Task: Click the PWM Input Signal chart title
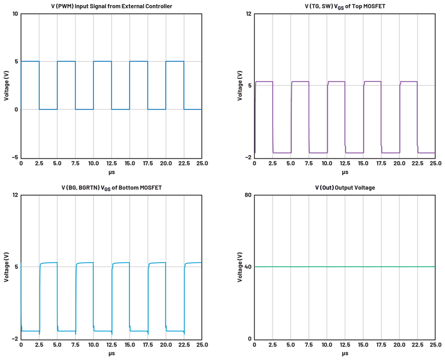[111, 6]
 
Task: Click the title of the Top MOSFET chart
[345, 6]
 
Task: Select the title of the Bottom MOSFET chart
[111, 188]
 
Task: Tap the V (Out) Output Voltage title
[345, 188]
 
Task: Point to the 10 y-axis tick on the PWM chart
[15, 13]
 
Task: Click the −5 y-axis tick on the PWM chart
[15, 157]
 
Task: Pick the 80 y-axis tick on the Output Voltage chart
[248, 195]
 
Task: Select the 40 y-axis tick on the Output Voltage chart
[248, 267]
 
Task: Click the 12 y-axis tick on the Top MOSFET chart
[249, 13]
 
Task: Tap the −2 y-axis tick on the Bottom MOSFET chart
[15, 339]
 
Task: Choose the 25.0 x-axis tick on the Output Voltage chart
[435, 346]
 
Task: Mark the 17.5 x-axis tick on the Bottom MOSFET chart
[147, 346]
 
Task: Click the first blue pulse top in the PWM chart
[30, 61]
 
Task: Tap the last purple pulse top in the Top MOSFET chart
[408, 82]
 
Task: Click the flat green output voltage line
[345, 267]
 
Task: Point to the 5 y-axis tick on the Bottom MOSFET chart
[17, 267]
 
